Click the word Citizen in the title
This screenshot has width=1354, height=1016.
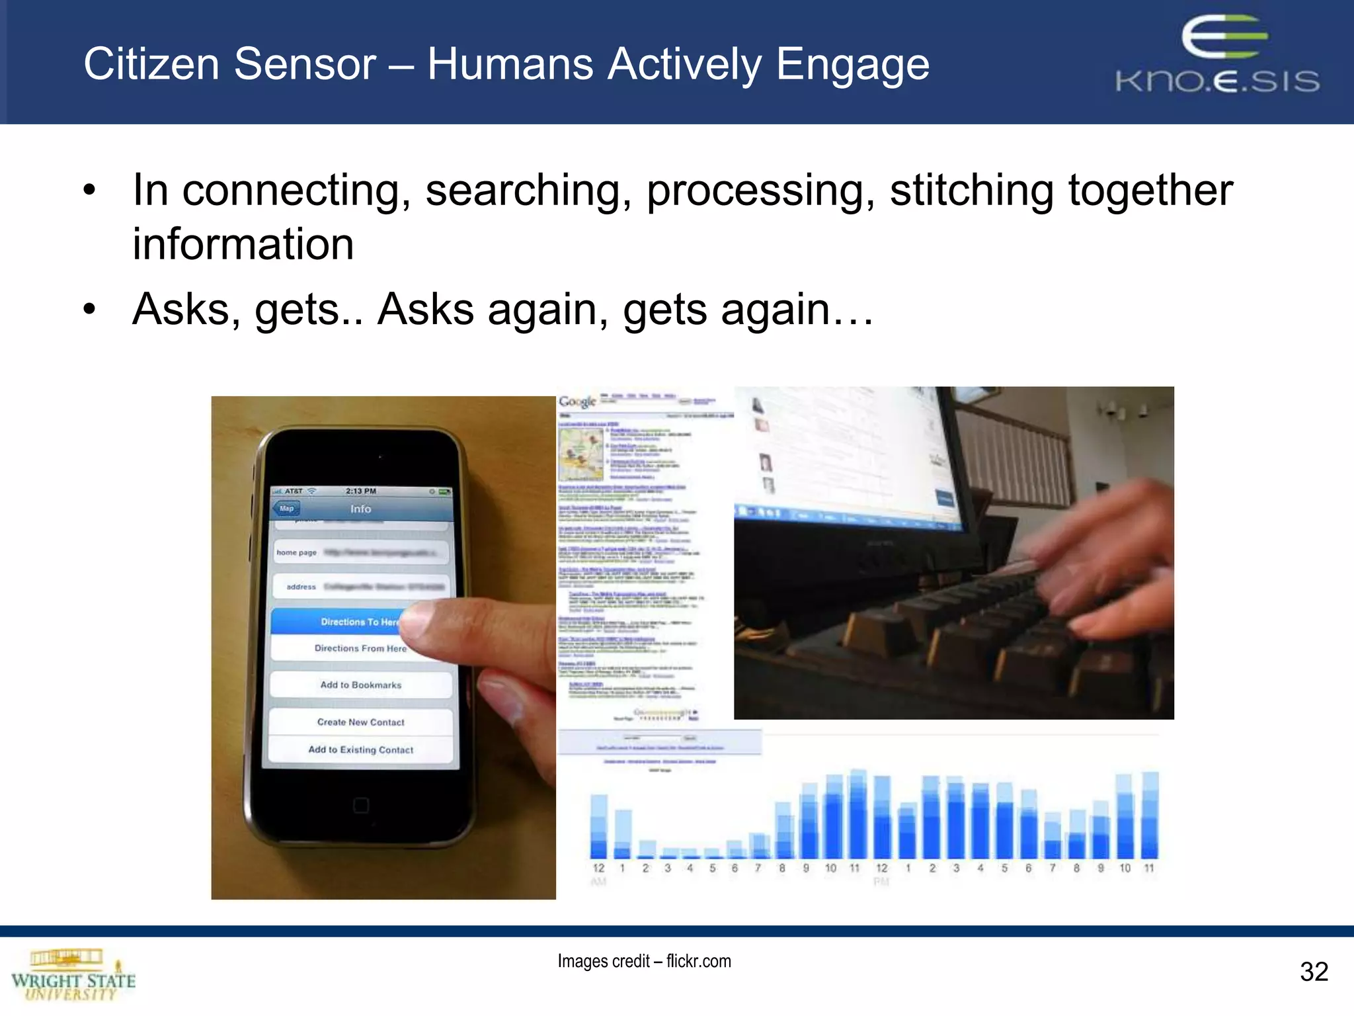coord(151,64)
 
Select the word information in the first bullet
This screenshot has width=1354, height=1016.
coord(243,244)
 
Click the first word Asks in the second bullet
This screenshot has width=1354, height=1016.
coord(180,309)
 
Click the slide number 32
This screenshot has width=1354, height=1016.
coord(1313,972)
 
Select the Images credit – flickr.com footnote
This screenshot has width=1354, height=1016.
coord(644,961)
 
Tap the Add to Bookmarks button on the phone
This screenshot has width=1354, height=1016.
coord(360,685)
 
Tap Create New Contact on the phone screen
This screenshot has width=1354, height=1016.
coord(360,722)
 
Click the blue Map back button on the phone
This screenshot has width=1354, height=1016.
coord(286,509)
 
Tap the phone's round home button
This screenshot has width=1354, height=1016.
coord(360,805)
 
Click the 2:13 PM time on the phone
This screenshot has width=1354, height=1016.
coord(360,491)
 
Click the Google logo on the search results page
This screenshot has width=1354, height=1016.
coord(577,402)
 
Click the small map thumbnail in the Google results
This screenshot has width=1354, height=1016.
coord(580,454)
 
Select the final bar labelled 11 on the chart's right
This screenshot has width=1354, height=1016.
coord(1150,815)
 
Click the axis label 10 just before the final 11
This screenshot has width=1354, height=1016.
coord(1125,868)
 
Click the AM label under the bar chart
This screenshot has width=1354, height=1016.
coord(598,882)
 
